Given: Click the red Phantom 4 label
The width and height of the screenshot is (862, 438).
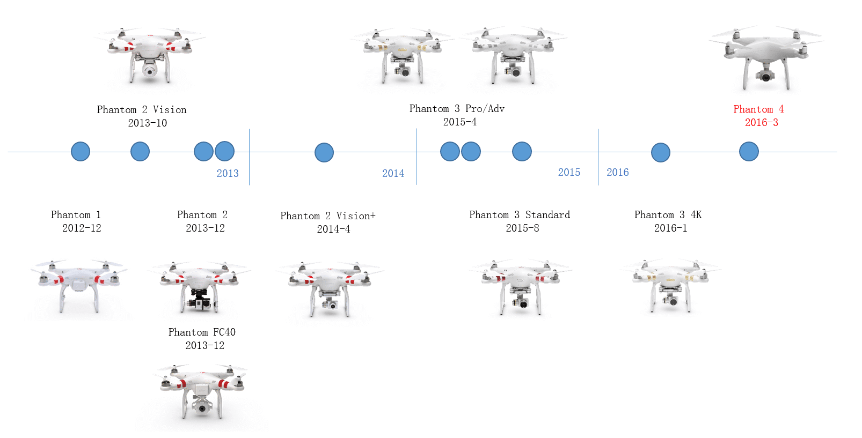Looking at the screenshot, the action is (758, 109).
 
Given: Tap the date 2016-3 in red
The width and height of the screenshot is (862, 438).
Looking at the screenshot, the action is (761, 123).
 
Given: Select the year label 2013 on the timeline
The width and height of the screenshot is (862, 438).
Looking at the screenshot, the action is (228, 173).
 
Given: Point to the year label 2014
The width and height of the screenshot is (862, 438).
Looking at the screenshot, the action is (393, 173).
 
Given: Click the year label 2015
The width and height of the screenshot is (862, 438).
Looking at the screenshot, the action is (569, 172).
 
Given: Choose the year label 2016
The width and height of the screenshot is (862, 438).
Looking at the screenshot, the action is (618, 172).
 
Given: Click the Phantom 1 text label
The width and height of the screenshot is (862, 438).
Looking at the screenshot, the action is (76, 214).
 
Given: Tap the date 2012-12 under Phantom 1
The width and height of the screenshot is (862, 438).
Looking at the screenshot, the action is (82, 228).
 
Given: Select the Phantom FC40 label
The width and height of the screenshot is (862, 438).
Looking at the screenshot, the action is (202, 332).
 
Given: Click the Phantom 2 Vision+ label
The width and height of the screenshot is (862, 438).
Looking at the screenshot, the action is (328, 216).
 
